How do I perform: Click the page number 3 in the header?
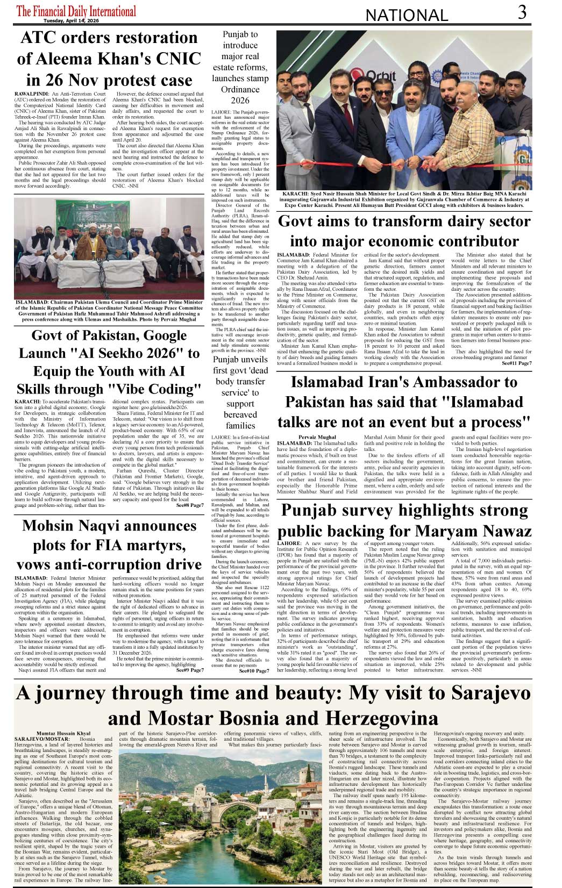522,12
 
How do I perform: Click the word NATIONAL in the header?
406,16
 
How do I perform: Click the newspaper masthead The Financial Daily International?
76,10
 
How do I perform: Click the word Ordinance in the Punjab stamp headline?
240,89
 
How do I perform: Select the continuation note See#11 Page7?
516,363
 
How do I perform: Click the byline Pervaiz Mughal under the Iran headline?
317,437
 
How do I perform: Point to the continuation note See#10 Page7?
254,671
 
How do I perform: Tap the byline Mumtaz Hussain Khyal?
63,733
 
